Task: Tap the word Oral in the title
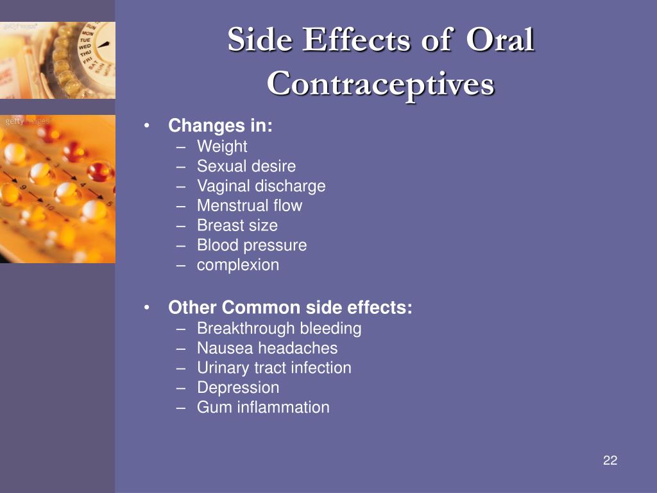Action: coord(500,39)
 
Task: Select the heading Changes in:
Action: coord(221,125)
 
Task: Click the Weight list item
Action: coord(222,146)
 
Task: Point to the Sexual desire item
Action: coord(246,166)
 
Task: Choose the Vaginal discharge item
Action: coord(261,186)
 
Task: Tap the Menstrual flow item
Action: coord(250,205)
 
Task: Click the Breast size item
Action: coord(237,225)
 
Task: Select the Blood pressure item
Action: coord(252,245)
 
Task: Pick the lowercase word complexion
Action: coord(238,265)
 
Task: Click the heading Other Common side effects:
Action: coord(290,307)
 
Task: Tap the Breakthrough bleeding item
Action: coord(279,328)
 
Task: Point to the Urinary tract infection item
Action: coord(274,368)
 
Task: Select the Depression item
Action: coord(238,388)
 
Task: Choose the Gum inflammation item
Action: coord(263,407)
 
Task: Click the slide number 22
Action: coord(610,460)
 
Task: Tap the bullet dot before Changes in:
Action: coord(146,125)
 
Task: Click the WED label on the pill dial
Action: coord(84,46)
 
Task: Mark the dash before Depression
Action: coord(180,388)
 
